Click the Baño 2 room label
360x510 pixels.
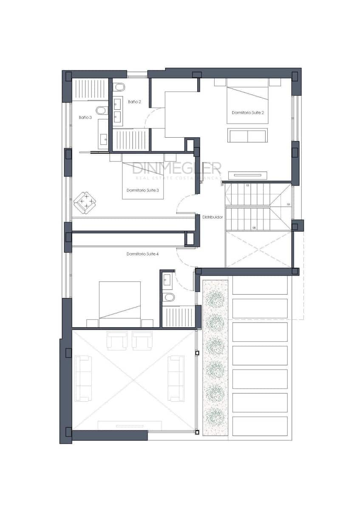coord(134,102)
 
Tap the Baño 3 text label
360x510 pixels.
coord(85,117)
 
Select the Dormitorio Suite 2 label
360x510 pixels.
coord(248,113)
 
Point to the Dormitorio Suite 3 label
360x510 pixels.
coord(143,190)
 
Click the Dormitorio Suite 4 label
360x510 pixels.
coord(143,254)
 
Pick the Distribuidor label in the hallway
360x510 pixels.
coord(213,217)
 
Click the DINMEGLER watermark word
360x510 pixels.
coord(176,168)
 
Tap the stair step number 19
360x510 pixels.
coord(222,186)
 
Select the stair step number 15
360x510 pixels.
coord(247,186)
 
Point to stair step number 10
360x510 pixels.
coord(288,204)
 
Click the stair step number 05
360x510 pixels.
coord(254,228)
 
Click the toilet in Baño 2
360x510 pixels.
coord(119,87)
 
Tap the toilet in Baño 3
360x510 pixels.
coord(102,111)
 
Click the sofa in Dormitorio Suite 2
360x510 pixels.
coord(247,135)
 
